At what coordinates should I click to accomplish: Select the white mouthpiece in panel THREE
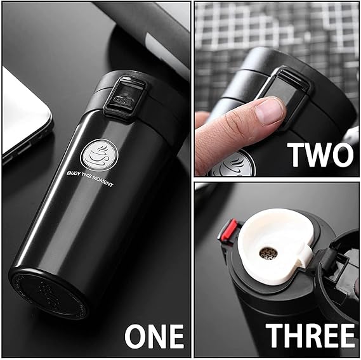(273, 244)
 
